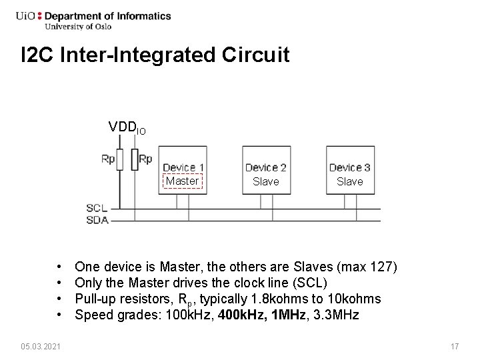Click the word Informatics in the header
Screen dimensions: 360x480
144,16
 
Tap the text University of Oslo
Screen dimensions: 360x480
78,27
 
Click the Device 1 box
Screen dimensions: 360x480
183,175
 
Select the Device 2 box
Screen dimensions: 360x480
266,175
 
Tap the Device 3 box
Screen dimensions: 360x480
349,175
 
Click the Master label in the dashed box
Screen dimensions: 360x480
182,181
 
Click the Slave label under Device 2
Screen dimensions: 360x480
266,181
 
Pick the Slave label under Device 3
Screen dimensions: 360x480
349,181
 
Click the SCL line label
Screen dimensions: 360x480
97,209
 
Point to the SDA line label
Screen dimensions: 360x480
97,220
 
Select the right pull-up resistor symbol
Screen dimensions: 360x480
135,159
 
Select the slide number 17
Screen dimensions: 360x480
455,347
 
